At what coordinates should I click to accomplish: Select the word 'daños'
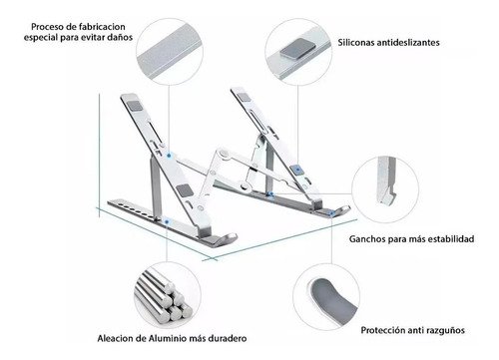pos(120,37)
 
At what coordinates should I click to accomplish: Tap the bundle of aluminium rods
pos(164,295)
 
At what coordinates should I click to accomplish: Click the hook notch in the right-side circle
pos(388,192)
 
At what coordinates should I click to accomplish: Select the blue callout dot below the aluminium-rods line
pos(167,221)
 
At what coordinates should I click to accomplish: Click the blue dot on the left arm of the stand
pos(169,156)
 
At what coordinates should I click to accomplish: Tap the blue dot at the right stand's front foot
pos(331,213)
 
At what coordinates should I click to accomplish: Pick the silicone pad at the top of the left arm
pos(134,106)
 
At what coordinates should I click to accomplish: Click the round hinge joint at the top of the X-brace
pos(224,154)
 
